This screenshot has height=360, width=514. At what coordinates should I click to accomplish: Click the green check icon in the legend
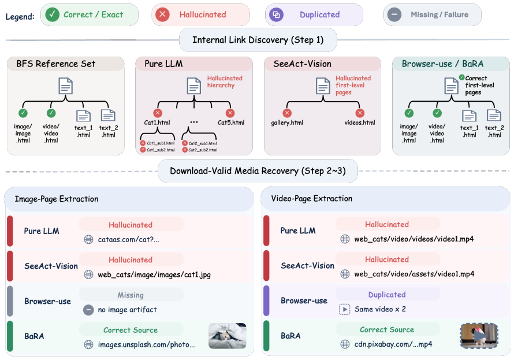click(x=53, y=15)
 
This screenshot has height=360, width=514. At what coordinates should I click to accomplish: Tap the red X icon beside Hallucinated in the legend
click(x=162, y=15)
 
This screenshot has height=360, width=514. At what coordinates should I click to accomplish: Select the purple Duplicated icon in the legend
click(x=276, y=15)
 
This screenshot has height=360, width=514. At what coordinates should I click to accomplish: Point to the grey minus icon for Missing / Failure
click(x=394, y=15)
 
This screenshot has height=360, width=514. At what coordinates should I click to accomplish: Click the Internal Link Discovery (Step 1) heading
click(x=258, y=40)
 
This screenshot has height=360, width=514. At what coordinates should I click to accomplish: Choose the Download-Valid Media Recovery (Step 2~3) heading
click(x=258, y=171)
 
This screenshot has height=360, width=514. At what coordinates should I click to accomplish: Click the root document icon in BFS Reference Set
click(x=66, y=86)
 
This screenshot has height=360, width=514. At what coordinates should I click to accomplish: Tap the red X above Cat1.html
click(x=158, y=113)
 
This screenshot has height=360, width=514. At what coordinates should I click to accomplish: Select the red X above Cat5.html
click(x=230, y=113)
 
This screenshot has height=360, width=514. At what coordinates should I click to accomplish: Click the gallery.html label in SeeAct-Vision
click(x=287, y=123)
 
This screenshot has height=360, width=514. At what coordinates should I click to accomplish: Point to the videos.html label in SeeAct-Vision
click(x=360, y=123)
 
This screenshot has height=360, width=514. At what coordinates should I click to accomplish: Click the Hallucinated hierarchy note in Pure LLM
click(x=225, y=81)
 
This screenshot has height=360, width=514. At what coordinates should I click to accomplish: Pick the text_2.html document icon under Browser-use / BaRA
click(x=494, y=116)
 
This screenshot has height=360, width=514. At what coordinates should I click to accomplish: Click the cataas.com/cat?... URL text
click(x=128, y=240)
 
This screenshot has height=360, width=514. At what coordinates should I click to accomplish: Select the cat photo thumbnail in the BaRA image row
click(x=227, y=336)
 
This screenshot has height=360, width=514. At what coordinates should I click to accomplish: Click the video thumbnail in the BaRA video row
click(x=479, y=336)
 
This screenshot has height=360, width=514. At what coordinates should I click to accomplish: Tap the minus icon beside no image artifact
click(x=88, y=310)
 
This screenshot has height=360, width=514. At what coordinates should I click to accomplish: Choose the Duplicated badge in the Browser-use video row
click(x=387, y=295)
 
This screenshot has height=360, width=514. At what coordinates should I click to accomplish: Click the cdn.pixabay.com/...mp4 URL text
click(x=393, y=344)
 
